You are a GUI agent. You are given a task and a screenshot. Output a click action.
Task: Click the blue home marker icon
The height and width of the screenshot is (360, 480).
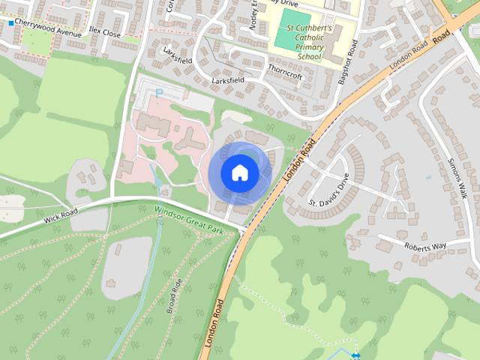pyautogui.click(x=239, y=172)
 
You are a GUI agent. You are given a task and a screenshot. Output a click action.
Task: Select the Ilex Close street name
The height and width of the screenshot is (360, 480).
pyautogui.click(x=104, y=34)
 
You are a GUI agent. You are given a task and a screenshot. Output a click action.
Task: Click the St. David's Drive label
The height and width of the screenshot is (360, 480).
pyautogui.click(x=329, y=192)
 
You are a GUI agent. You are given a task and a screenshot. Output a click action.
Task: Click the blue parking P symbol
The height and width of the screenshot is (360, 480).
pyautogui.click(x=159, y=92)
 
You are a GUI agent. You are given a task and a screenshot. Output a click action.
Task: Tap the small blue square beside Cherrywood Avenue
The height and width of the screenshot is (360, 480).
pyautogui.click(x=10, y=24)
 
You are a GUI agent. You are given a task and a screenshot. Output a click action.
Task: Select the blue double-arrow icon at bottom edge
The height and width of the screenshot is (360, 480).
pyautogui.click(x=355, y=355)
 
